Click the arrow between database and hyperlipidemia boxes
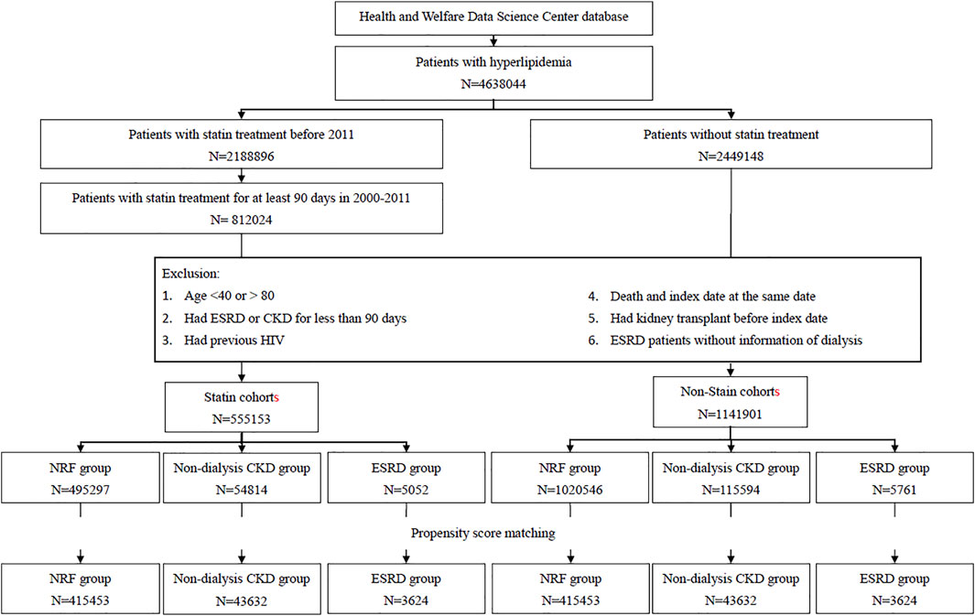(493, 40)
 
